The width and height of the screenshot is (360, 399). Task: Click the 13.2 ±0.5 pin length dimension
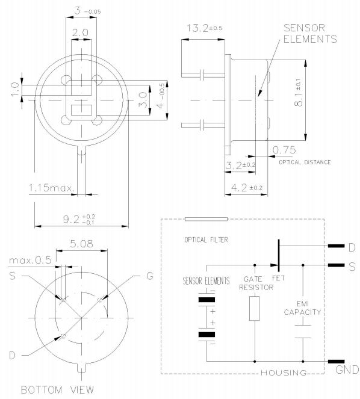tap(205, 28)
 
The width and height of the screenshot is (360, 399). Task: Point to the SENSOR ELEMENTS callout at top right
tap(310, 33)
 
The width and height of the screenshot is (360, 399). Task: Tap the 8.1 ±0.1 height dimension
tap(299, 92)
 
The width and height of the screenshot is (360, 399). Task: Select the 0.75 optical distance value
tap(284, 150)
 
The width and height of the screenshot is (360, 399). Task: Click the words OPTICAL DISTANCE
tap(305, 162)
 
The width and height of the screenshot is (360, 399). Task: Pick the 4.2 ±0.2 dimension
tap(247, 188)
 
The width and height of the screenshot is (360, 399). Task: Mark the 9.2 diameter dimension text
tap(79, 219)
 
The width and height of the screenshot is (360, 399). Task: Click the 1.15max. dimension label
tap(52, 188)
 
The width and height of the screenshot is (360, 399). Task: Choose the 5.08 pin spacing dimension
tap(81, 244)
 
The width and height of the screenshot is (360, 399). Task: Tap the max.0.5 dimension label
tap(30, 261)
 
